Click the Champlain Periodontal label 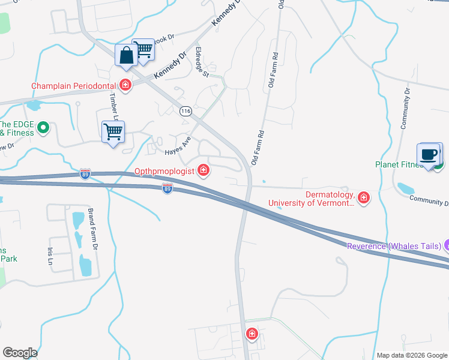click(x=74, y=86)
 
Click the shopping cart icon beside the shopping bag click(x=143, y=50)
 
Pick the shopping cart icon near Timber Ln click(x=113, y=131)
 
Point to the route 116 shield click(x=185, y=111)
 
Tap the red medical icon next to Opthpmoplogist click(x=203, y=172)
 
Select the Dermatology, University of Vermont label click(x=311, y=199)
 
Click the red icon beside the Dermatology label click(x=363, y=197)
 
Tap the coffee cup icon click(x=429, y=155)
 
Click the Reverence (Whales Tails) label click(x=394, y=246)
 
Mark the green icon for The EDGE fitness click(x=43, y=127)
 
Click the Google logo click(x=20, y=353)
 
